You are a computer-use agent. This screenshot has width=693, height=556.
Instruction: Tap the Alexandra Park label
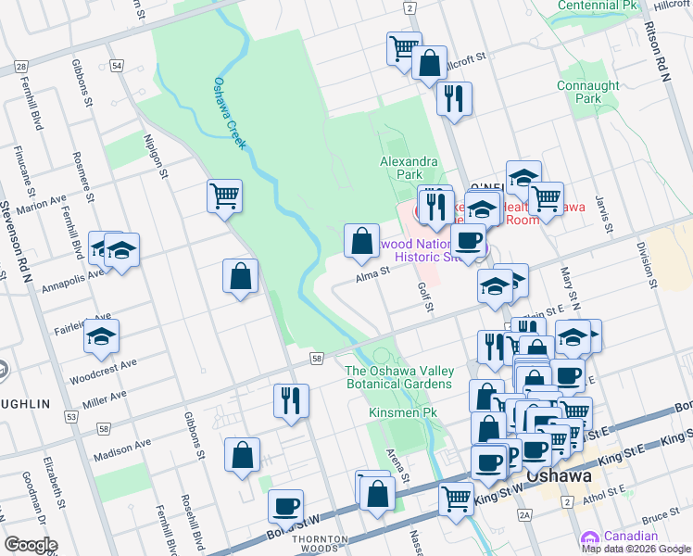[x=408, y=167]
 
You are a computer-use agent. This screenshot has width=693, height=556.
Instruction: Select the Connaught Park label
[x=588, y=92]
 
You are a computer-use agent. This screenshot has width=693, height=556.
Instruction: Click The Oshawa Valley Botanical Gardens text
[x=398, y=377]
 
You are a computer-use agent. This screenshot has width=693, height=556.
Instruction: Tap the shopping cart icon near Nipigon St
[x=224, y=196]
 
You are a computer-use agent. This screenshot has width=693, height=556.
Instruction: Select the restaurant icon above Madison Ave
[x=291, y=400]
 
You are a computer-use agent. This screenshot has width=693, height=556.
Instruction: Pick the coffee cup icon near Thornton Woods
[x=286, y=507]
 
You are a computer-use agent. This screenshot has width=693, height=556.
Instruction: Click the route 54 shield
[x=116, y=66]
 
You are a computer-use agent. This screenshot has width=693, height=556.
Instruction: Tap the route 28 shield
[x=20, y=67]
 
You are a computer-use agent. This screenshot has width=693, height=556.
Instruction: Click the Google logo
[x=31, y=545]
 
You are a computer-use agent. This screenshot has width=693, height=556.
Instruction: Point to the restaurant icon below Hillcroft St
[x=453, y=99]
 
